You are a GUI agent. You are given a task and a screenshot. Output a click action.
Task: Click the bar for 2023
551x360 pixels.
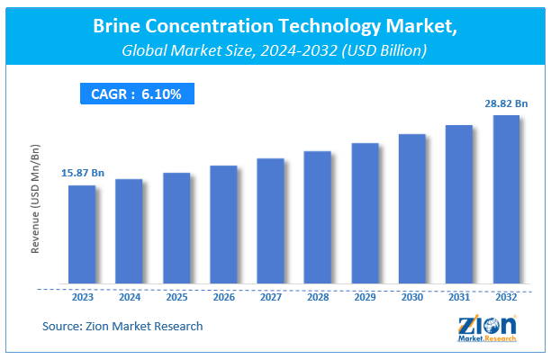(81, 234)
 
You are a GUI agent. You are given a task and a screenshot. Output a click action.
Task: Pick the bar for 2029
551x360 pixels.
(365, 213)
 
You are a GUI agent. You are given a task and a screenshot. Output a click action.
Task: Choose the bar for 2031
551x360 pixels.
(458, 204)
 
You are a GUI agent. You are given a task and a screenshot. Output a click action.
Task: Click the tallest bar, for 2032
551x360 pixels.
(505, 199)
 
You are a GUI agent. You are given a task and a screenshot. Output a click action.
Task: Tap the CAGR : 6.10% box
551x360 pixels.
(135, 94)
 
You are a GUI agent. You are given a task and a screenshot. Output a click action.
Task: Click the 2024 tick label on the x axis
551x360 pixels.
(129, 296)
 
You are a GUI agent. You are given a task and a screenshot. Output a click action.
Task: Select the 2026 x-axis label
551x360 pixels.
(223, 296)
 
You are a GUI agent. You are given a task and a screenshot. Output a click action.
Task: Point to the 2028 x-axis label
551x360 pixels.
(318, 296)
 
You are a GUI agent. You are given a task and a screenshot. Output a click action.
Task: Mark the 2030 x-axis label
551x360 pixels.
(411, 296)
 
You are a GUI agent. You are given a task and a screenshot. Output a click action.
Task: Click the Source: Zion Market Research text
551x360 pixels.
(122, 326)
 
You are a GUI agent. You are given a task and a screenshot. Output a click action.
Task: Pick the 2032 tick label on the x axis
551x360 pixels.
(506, 296)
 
